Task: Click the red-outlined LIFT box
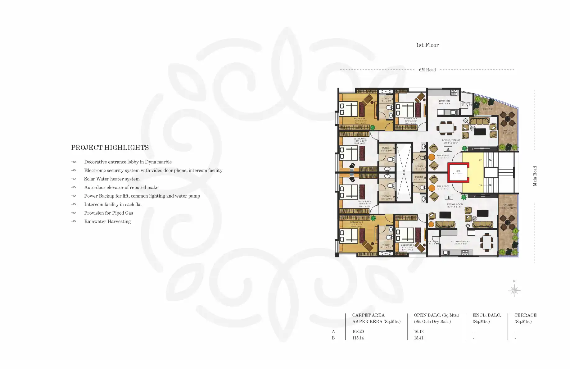(x=458, y=172)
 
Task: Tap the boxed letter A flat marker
(x=448, y=149)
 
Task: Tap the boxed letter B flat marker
(x=449, y=197)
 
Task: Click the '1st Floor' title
(x=427, y=45)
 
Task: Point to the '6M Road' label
(x=427, y=70)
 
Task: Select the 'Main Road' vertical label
(x=535, y=176)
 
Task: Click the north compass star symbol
(x=514, y=291)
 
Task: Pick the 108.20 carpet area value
(x=358, y=331)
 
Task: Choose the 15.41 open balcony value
(x=418, y=338)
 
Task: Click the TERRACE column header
(x=525, y=315)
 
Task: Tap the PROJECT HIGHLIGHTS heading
(x=110, y=148)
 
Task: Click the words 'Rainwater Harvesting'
(x=107, y=221)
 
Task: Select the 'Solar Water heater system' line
(x=112, y=179)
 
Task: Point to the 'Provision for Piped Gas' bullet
(x=108, y=213)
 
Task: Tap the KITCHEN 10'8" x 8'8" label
(x=445, y=102)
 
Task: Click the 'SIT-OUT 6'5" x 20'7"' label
(x=508, y=207)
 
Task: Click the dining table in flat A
(x=446, y=128)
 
